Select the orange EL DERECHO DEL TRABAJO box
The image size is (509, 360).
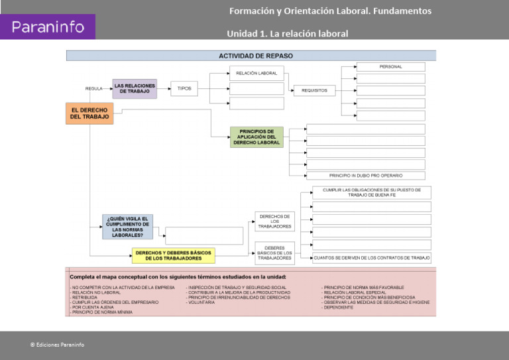(x=89, y=113)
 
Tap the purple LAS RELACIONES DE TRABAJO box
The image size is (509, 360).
(x=135, y=88)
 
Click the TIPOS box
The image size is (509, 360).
(x=184, y=88)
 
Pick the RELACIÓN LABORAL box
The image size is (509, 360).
(x=256, y=73)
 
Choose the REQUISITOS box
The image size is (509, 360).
(x=314, y=90)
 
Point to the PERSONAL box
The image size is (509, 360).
(x=390, y=67)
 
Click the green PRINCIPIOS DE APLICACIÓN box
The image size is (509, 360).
(x=256, y=137)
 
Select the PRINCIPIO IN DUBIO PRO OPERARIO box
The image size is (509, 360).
(x=366, y=176)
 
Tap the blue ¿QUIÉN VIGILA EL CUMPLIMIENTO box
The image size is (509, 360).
(x=127, y=227)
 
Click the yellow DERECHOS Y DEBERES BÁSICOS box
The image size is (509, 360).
(x=173, y=255)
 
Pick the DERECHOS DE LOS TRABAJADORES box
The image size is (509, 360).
(x=274, y=221)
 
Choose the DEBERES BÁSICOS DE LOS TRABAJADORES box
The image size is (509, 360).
(x=274, y=253)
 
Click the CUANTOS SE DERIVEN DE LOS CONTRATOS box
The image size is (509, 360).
(x=371, y=258)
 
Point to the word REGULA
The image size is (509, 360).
(x=93, y=89)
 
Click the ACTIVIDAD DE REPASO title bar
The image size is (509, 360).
(x=251, y=56)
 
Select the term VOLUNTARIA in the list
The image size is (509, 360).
(x=201, y=302)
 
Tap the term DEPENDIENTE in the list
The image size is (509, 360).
(x=338, y=308)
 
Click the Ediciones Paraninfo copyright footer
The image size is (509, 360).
(x=57, y=345)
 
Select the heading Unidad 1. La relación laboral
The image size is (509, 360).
(x=287, y=33)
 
